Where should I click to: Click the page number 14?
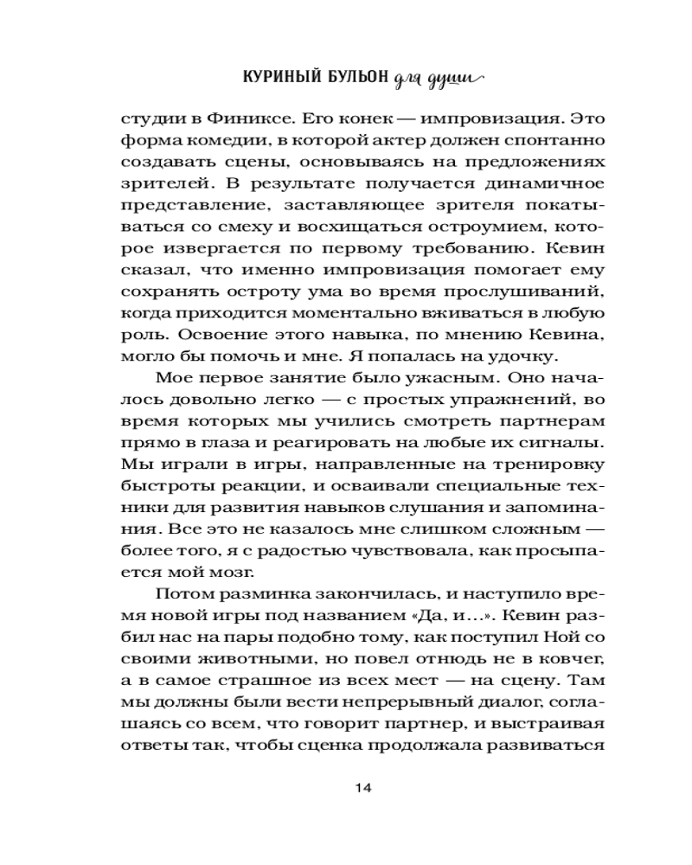362,788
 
